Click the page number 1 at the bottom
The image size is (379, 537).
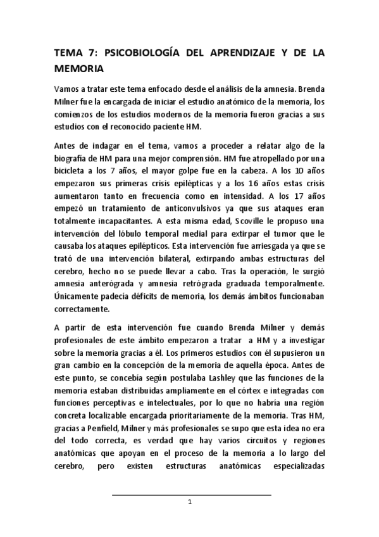tap(190, 502)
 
